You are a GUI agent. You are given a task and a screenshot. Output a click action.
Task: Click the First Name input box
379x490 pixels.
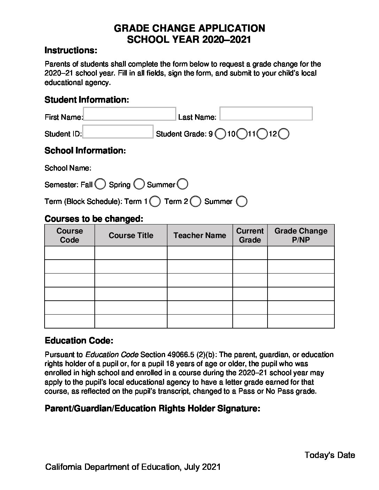pos(130,114)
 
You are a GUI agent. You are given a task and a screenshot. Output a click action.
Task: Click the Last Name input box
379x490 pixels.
pos(266,114)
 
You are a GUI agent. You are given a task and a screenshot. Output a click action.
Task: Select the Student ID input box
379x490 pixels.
pos(118,132)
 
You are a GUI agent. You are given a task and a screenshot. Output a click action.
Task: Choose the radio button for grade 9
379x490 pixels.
pos(220,134)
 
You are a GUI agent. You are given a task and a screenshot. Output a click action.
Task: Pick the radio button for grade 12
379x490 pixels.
pos(284,134)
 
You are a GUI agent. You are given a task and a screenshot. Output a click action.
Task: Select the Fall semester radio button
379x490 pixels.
pos(100,184)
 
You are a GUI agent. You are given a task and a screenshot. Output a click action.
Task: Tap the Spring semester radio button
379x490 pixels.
pos(139,184)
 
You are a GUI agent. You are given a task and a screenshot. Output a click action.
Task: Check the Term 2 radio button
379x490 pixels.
pos(196,201)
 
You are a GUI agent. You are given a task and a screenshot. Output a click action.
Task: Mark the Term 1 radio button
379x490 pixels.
pos(155,201)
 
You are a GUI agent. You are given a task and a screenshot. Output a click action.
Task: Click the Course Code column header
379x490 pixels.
pos(70,236)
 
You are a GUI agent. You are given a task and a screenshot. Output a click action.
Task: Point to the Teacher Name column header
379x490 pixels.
pos(200,236)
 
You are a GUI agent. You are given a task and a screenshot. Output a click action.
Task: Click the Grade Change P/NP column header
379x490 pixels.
pos(301,236)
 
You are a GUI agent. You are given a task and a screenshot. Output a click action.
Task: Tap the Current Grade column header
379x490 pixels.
pos(250,236)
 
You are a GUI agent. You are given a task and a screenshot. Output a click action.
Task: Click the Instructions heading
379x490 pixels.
pos(71,50)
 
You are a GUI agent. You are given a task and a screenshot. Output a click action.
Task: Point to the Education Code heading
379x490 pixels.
pos(79,341)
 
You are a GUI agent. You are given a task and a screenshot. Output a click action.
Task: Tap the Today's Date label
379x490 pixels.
pos(330,455)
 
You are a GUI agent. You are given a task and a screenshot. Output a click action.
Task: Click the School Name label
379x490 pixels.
pos(68,168)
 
